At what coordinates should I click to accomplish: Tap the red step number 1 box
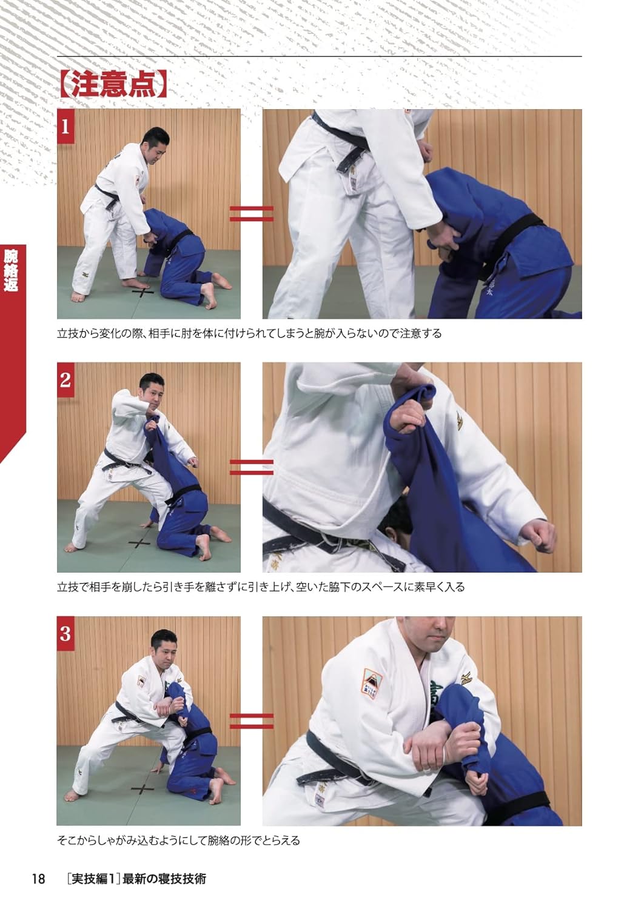coord(65,127)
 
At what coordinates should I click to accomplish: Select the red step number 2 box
coord(65,380)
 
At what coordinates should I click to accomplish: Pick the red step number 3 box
coord(65,634)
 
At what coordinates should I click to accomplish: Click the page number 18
coord(38,879)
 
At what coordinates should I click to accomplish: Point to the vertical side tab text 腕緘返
coord(10,270)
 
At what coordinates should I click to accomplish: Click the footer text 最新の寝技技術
coord(164,879)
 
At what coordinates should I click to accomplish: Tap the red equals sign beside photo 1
coord(251,213)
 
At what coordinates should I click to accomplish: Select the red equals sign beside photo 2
coord(251,467)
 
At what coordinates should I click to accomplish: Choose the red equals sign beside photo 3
coord(251,721)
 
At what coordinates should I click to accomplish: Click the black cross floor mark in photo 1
coord(144,293)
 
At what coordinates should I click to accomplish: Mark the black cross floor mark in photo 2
coord(139,542)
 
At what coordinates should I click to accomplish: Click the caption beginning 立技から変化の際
coord(249,333)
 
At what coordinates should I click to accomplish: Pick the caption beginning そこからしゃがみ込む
coord(178,841)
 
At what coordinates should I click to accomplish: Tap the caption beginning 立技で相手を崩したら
coord(261,587)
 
